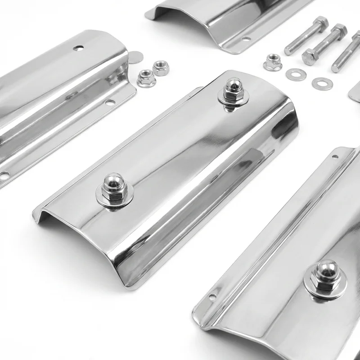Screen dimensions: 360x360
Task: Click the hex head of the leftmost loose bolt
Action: coord(321,22)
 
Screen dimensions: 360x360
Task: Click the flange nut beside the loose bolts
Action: coord(272,62)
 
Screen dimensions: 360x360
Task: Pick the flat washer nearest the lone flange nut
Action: coord(296,74)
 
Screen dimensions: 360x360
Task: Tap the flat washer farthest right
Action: coord(322,83)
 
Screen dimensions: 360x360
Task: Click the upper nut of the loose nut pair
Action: coord(161,68)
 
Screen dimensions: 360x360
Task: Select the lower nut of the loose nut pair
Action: coord(146,78)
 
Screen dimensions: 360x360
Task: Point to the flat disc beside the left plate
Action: coord(135,57)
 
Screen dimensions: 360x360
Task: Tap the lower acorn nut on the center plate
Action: coord(112,186)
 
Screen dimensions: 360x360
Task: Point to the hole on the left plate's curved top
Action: coord(78,48)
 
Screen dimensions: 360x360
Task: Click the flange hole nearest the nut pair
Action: coord(110,103)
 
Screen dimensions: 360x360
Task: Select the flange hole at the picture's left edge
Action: coord(4,175)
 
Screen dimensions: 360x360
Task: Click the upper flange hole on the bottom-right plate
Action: coord(335,157)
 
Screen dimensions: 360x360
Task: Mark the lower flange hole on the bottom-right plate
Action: coord(213,297)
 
